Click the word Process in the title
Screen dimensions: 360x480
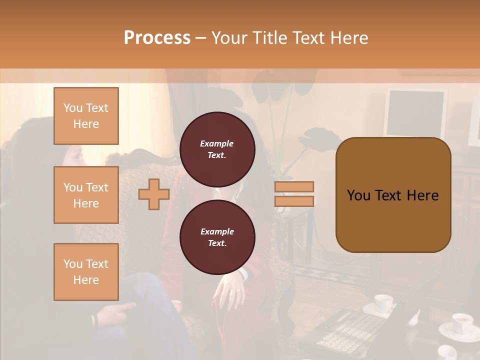click(157, 38)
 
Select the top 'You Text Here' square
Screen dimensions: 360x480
click(86, 116)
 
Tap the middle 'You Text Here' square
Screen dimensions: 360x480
click(86, 195)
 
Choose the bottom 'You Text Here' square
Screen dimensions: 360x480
click(86, 271)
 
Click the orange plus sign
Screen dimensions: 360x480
click(153, 194)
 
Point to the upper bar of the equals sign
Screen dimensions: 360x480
click(294, 186)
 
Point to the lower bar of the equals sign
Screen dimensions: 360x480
click(294, 201)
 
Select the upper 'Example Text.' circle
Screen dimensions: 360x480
click(217, 149)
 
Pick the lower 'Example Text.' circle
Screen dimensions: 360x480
click(217, 237)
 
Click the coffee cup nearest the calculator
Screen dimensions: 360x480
click(383, 303)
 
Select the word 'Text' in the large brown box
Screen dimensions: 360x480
click(392, 195)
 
